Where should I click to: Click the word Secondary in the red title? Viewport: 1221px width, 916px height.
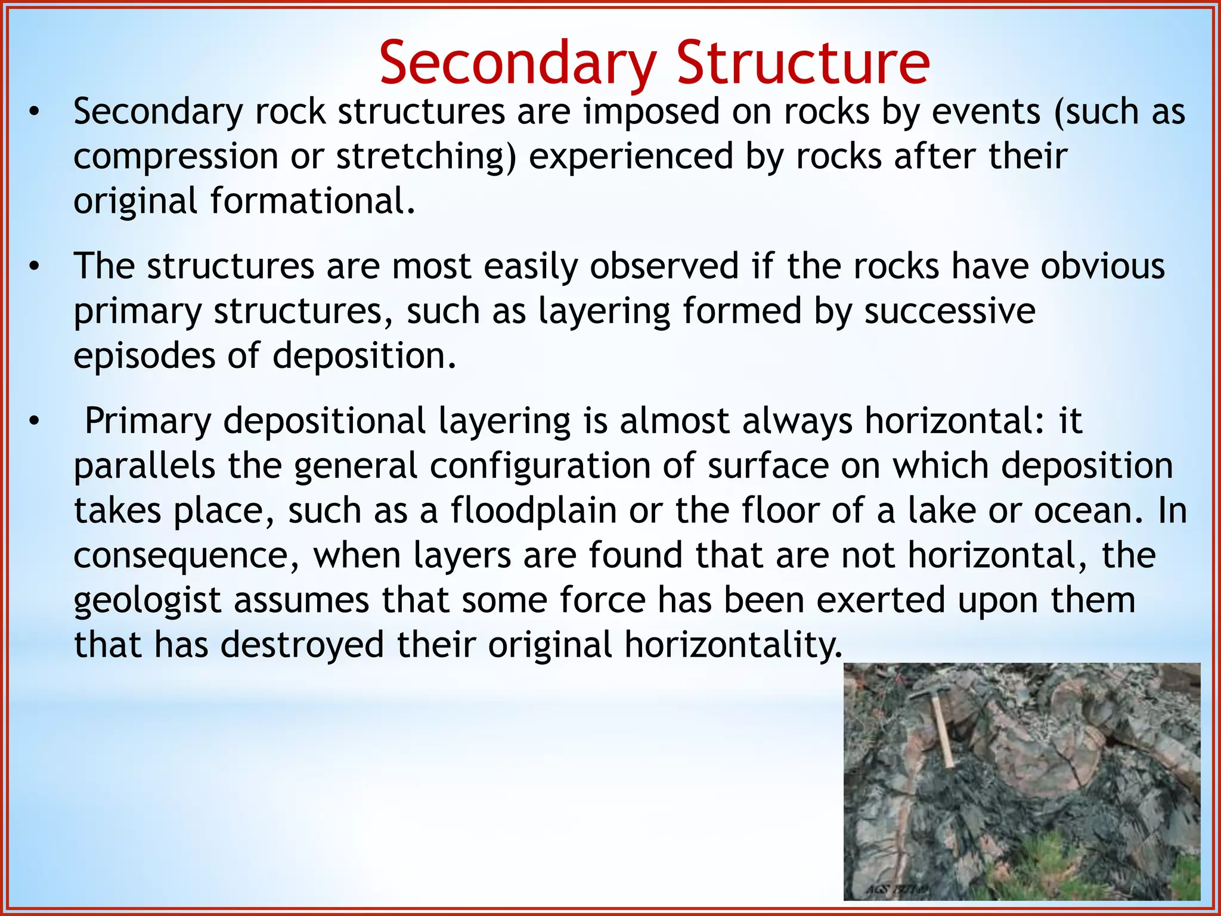point(517,63)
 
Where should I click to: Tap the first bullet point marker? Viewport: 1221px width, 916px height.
point(35,112)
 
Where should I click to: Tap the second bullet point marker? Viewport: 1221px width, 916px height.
point(35,267)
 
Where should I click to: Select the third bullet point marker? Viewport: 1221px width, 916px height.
point(35,422)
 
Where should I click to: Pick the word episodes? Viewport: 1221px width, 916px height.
point(144,357)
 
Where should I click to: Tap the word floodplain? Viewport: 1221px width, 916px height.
point(533,511)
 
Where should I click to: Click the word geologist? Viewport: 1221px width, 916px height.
point(147,601)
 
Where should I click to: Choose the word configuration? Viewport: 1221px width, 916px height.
point(540,466)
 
